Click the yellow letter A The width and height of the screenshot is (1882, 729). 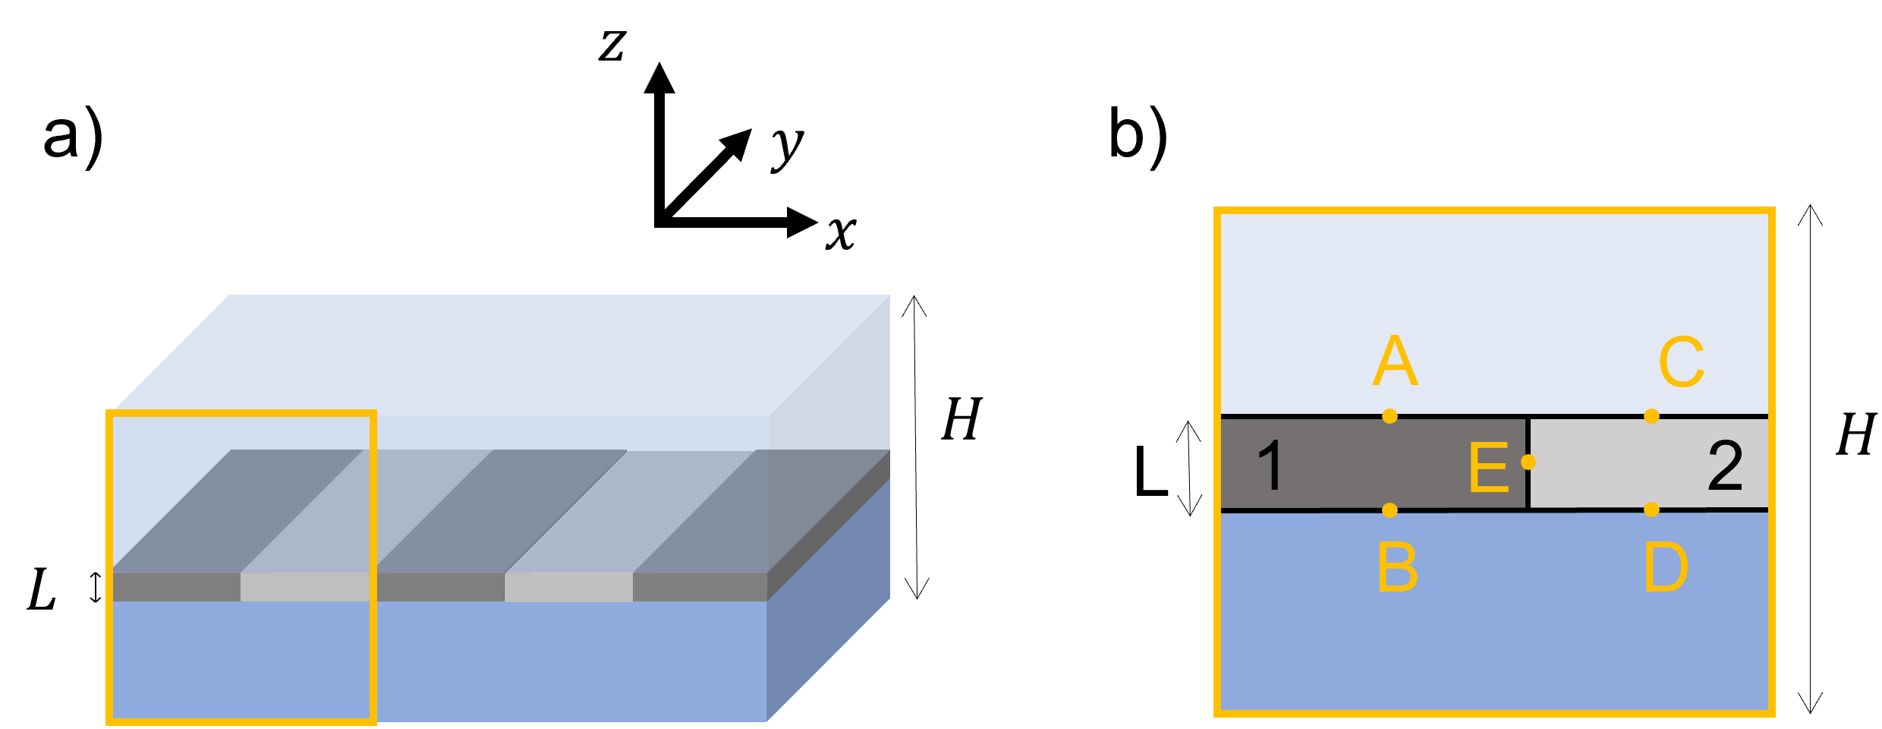(x=1395, y=361)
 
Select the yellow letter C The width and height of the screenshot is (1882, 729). (x=1682, y=362)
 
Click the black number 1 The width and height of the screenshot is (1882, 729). (x=1270, y=465)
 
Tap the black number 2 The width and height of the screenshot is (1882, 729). (x=1725, y=465)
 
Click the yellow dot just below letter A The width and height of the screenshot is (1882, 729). (x=1389, y=416)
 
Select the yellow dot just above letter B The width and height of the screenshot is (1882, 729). (x=1389, y=510)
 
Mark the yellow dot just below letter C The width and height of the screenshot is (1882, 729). (x=1651, y=416)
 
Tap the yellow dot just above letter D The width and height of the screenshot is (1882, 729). (x=1651, y=510)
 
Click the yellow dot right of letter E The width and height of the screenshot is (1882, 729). (x=1528, y=462)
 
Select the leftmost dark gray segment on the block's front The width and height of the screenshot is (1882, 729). (x=176, y=587)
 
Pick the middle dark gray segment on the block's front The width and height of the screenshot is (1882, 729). (x=440, y=587)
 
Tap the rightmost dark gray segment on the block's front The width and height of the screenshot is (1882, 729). (x=700, y=587)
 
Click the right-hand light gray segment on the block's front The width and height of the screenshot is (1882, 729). (x=568, y=587)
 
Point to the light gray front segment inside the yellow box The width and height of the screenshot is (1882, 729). (x=304, y=587)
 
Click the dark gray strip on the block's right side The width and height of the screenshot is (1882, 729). (x=829, y=525)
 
